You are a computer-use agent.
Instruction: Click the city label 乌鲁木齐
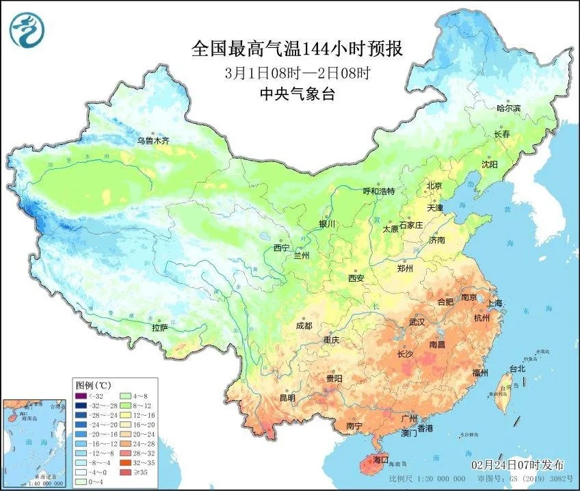tap(153, 140)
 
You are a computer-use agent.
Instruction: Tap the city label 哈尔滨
tap(508, 108)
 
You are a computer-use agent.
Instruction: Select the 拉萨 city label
tap(159, 328)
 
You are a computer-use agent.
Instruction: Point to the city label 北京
tap(434, 185)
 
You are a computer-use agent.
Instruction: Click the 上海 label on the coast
tap(495, 302)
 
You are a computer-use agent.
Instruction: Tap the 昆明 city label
tap(287, 397)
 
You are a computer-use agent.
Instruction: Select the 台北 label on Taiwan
tap(518, 369)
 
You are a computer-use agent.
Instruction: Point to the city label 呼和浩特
tap(378, 191)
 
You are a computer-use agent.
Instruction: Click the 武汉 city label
tap(417, 321)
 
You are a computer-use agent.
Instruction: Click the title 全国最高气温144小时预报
tap(296, 49)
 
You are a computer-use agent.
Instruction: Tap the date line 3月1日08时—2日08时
tap(296, 72)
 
